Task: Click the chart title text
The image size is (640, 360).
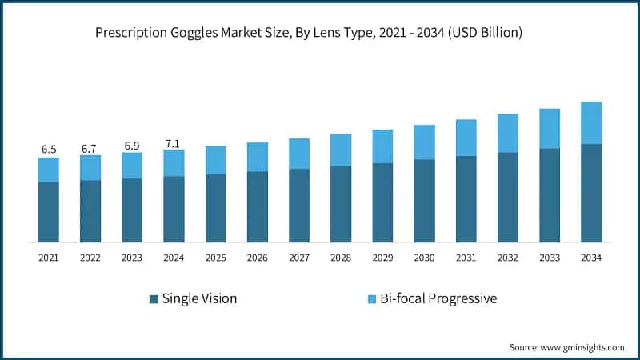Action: click(320, 33)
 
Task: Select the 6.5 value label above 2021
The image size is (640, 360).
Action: click(49, 150)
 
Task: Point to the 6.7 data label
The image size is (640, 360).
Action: click(90, 149)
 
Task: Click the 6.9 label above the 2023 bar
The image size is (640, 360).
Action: click(132, 146)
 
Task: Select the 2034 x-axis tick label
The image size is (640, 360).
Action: click(591, 258)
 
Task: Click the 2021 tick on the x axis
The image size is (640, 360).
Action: click(49, 258)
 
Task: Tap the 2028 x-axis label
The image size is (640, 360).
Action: click(341, 258)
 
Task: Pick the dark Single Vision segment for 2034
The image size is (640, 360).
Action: click(591, 193)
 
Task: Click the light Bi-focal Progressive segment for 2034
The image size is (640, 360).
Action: click(591, 123)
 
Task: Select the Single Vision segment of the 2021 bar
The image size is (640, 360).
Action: click(49, 212)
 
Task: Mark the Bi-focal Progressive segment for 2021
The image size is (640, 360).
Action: click(49, 170)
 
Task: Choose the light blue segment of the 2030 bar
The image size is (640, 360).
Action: click(424, 142)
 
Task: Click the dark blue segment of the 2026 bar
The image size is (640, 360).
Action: click(258, 206)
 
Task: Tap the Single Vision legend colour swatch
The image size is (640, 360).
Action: click(154, 299)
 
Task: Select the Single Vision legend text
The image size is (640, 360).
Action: click(199, 298)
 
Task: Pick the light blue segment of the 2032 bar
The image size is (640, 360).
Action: click(508, 133)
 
